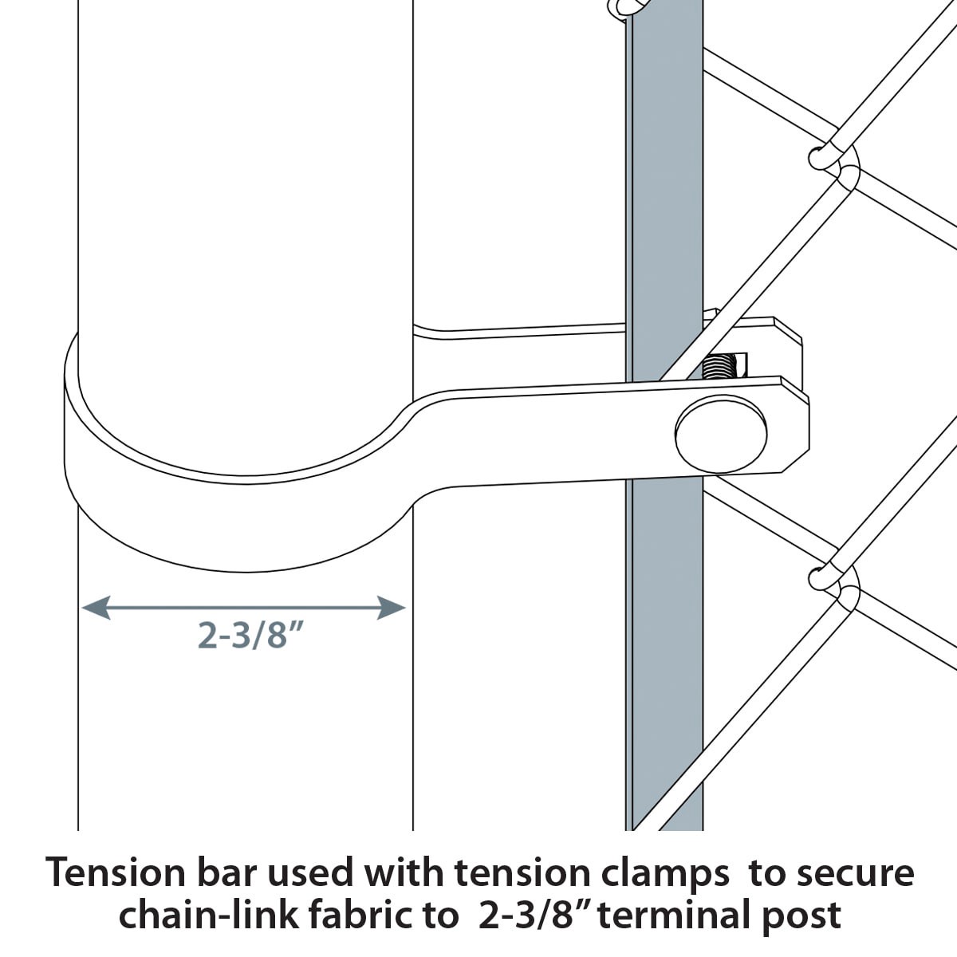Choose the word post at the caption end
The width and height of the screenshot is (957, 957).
(801, 915)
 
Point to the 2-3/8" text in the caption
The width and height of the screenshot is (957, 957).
(534, 915)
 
